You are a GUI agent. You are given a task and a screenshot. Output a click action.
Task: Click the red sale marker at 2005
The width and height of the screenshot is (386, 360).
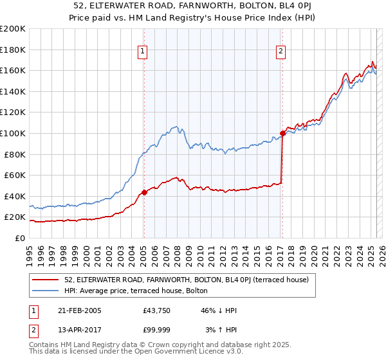click(144, 192)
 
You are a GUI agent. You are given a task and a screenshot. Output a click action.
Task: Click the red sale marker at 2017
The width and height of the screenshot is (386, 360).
click(282, 133)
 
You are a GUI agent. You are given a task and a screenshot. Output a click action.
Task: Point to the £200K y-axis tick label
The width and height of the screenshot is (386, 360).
click(13, 29)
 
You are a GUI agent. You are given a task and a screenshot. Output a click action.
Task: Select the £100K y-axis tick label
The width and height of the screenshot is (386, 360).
click(13, 133)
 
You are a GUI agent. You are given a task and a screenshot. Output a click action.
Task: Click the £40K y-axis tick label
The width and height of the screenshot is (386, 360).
click(15, 196)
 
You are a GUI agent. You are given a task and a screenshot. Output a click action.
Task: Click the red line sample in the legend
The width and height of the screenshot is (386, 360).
click(46, 280)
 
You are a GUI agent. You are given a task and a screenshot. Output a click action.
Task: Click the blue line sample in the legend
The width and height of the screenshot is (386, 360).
click(46, 291)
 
